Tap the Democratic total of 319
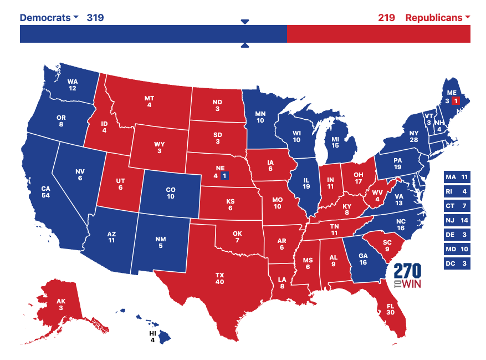pyautogui.click(x=95, y=17)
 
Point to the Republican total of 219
pyautogui.click(x=386, y=17)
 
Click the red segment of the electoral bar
pyautogui.click(x=378, y=34)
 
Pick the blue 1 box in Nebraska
pyautogui.click(x=224, y=176)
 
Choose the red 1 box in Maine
pyautogui.click(x=456, y=100)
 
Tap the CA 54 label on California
pyautogui.click(x=46, y=192)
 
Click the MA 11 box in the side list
pyautogui.click(x=457, y=177)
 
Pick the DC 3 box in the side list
pyautogui.click(x=457, y=263)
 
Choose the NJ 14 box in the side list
pyautogui.click(x=457, y=220)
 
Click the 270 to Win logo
pyautogui.click(x=407, y=276)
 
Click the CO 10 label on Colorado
pyautogui.click(x=171, y=193)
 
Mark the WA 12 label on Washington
pyautogui.click(x=73, y=84)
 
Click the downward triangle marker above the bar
pyautogui.click(x=245, y=22)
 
